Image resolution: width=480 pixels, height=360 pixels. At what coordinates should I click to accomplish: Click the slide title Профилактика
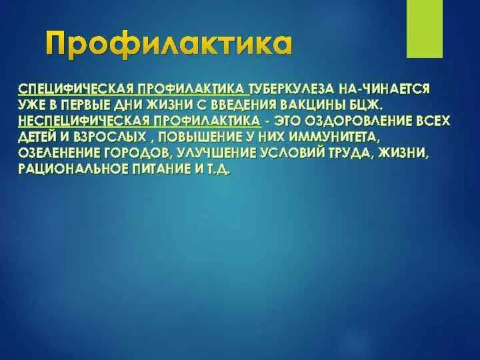(x=168, y=45)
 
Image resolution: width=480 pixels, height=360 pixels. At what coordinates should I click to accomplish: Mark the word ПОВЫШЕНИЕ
(x=211, y=137)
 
